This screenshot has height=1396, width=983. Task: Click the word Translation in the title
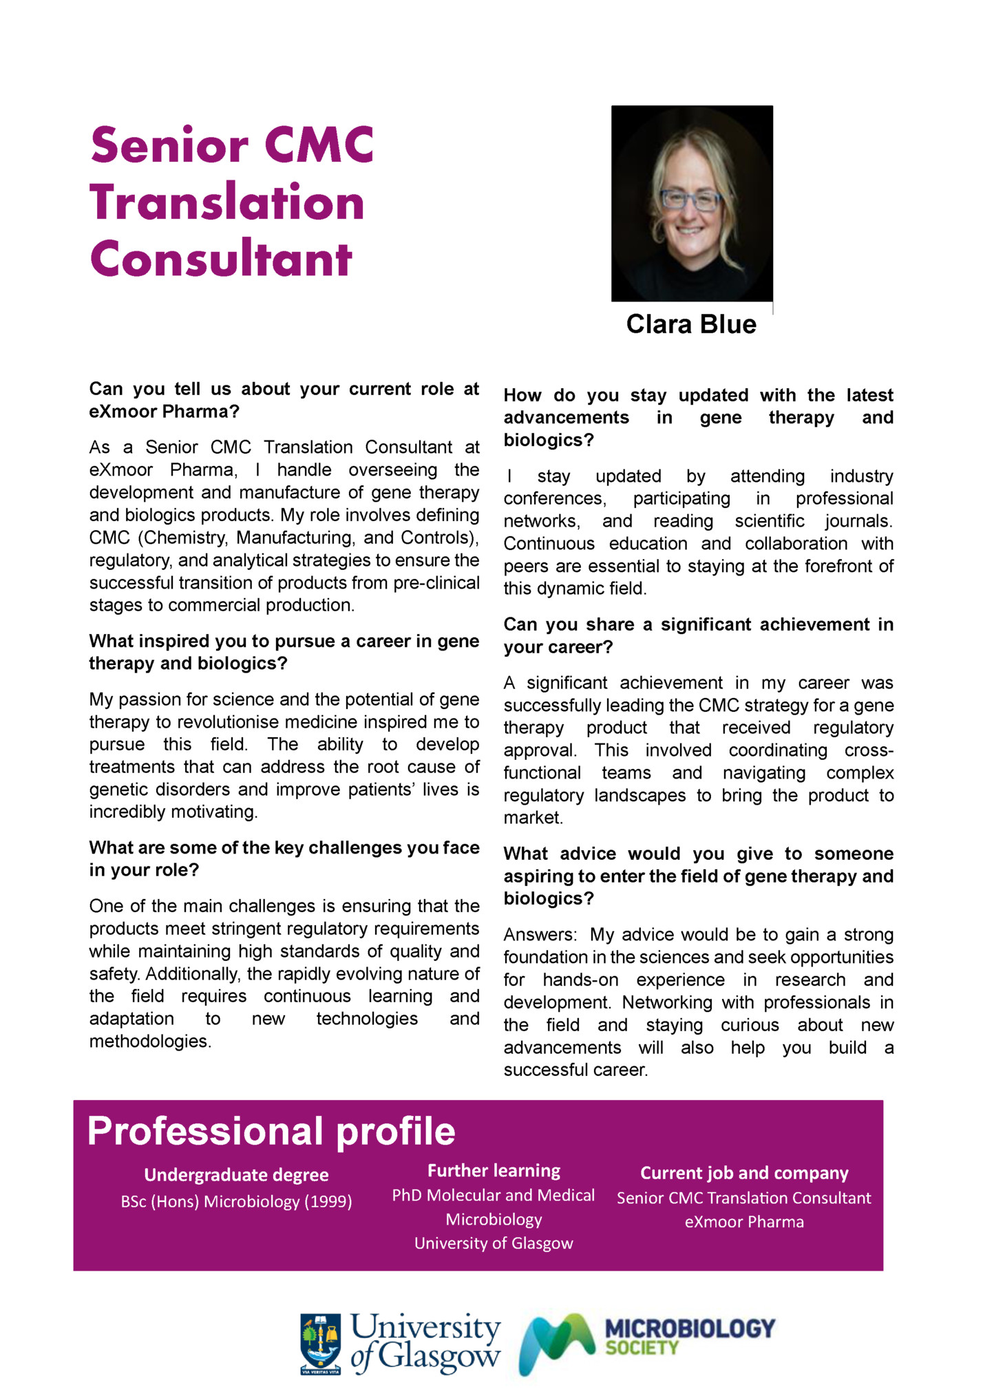click(x=226, y=202)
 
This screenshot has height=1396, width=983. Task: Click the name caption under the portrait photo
click(x=690, y=324)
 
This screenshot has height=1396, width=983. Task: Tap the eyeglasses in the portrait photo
click(x=690, y=200)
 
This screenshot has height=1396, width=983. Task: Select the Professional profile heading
click(x=271, y=1131)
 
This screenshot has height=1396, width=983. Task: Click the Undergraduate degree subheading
click(x=236, y=1174)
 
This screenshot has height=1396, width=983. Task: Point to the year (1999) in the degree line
click(x=328, y=1201)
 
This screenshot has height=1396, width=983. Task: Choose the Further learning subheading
click(x=494, y=1170)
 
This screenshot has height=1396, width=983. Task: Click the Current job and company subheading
click(x=743, y=1172)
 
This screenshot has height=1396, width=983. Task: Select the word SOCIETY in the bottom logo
click(x=642, y=1349)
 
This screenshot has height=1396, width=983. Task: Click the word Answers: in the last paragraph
click(x=540, y=935)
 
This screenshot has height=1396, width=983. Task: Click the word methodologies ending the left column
click(x=149, y=1041)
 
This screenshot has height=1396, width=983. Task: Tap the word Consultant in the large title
click(x=221, y=260)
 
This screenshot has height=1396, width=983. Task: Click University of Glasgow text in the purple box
click(x=494, y=1243)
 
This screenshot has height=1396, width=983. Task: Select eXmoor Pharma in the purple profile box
click(x=743, y=1222)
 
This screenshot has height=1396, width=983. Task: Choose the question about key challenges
click(x=284, y=858)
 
